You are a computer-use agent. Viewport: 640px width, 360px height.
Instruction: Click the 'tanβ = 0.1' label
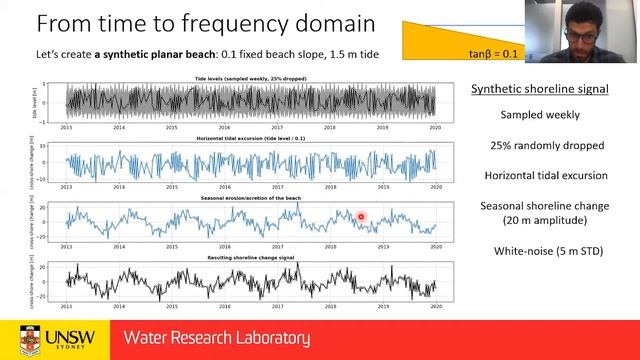[x=493, y=52]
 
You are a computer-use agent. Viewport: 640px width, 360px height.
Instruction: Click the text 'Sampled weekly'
[x=540, y=115]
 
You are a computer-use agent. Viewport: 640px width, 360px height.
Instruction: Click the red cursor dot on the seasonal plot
[x=361, y=216]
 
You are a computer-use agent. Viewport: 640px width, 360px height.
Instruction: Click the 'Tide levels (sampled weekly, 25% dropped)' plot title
[x=251, y=77]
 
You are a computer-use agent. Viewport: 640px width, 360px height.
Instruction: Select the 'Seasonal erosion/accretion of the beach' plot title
[x=251, y=198]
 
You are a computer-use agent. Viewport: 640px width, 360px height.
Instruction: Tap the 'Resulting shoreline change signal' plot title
[x=251, y=259]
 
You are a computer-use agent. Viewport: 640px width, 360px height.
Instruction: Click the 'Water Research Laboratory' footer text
[x=216, y=338]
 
